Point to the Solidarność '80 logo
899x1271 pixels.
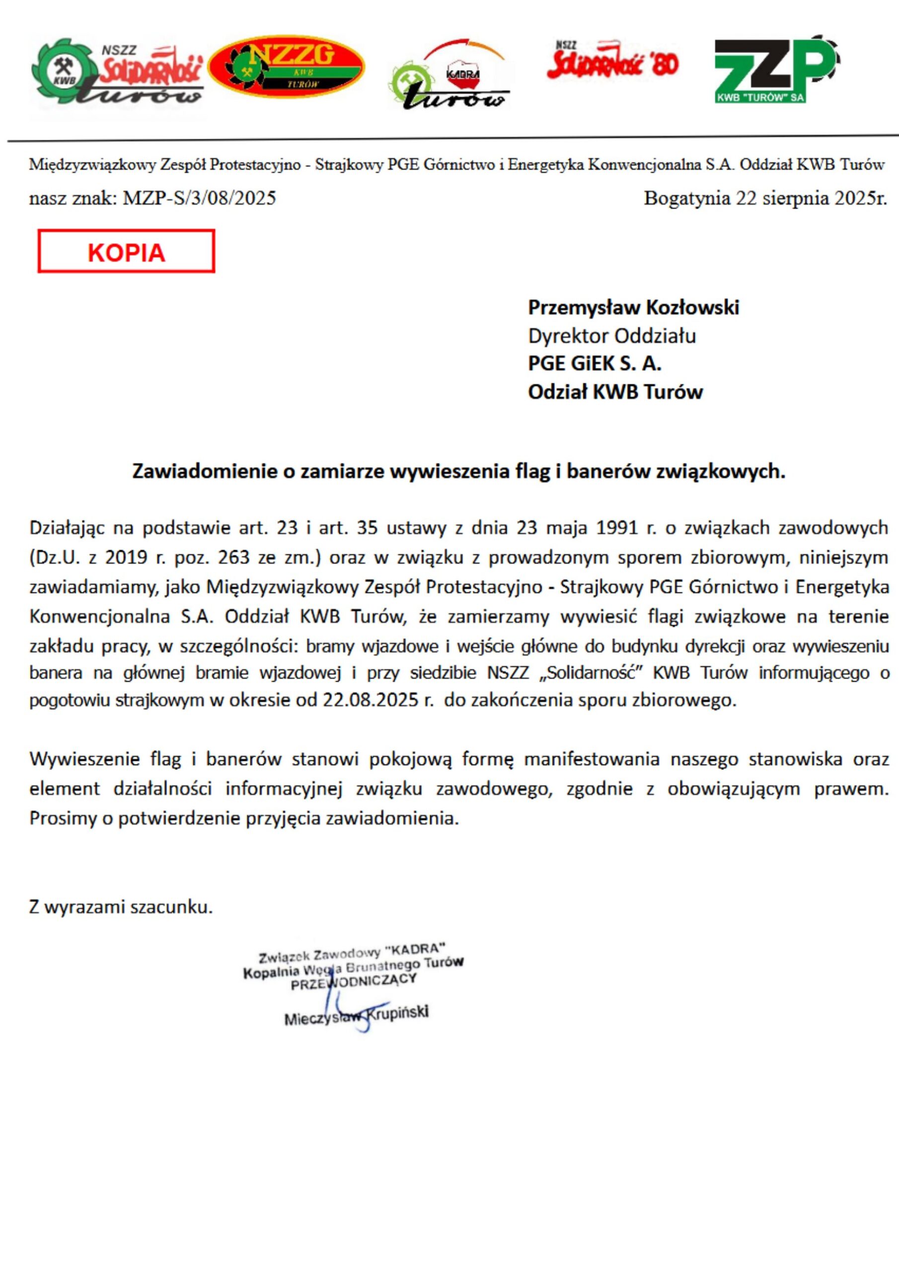[612, 59]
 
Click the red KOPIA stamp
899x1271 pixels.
[126, 252]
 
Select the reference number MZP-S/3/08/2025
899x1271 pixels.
[199, 198]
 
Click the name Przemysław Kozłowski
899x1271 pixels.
[633, 307]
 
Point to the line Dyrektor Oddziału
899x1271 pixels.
[611, 336]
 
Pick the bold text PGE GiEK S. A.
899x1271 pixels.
[595, 364]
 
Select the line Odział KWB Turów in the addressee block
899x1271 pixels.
[615, 392]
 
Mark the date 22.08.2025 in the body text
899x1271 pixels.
[371, 700]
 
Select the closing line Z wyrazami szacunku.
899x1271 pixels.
[121, 907]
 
